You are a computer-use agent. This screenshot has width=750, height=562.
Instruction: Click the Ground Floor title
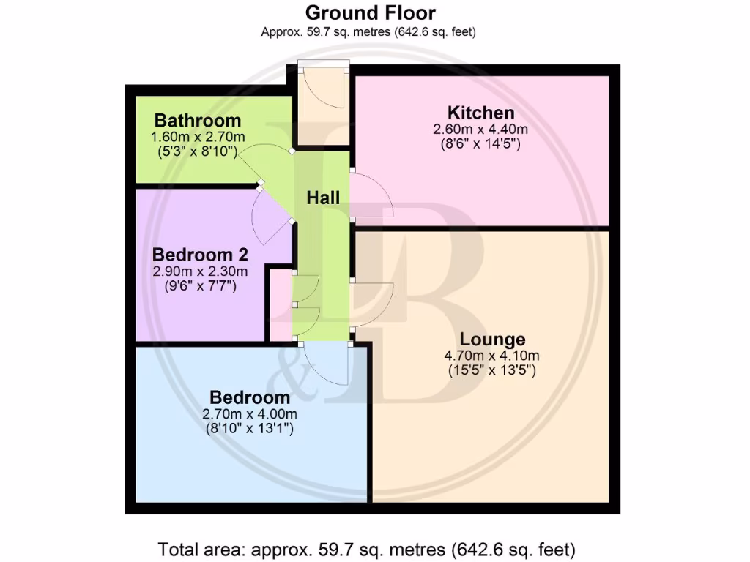pyautogui.click(x=370, y=12)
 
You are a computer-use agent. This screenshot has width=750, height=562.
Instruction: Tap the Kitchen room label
pyautogui.click(x=480, y=113)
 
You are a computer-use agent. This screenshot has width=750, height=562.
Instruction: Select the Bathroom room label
pyautogui.click(x=197, y=121)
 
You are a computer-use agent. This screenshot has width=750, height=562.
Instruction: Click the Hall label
pyautogui.click(x=323, y=198)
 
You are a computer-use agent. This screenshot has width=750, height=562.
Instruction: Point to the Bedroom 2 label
pyautogui.click(x=200, y=255)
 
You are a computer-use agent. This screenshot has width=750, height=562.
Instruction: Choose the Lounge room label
pyautogui.click(x=492, y=340)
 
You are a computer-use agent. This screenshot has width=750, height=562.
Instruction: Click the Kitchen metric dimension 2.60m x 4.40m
pyautogui.click(x=480, y=130)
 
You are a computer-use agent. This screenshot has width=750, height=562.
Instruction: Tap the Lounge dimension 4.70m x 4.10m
pyautogui.click(x=492, y=356)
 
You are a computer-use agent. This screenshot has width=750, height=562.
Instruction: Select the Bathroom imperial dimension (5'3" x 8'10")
pyautogui.click(x=197, y=152)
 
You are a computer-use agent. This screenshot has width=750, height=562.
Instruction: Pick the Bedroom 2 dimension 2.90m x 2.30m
pyautogui.click(x=200, y=271)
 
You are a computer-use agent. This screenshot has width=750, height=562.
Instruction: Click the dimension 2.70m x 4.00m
pyautogui.click(x=250, y=414)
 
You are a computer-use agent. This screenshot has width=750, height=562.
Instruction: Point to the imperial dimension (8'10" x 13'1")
pyautogui.click(x=250, y=430)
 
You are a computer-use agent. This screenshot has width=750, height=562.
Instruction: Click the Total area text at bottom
pyautogui.click(x=367, y=548)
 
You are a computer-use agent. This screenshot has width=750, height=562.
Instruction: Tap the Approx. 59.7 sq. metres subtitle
pyautogui.click(x=370, y=31)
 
